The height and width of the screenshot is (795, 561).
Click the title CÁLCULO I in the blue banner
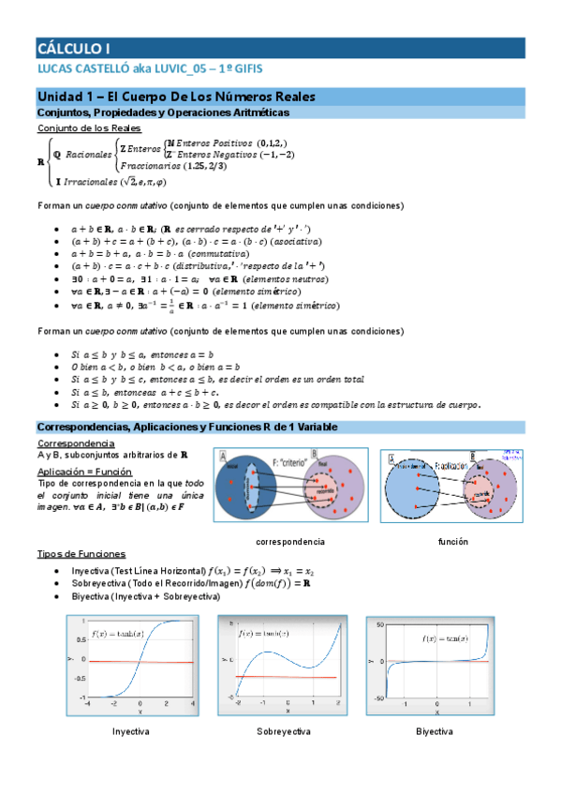pyautogui.click(x=74, y=48)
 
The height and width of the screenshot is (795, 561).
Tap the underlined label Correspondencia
pyautogui.click(x=76, y=442)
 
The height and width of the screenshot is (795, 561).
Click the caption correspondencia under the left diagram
pyautogui.click(x=290, y=542)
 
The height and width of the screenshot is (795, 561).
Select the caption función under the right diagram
pyautogui.click(x=453, y=542)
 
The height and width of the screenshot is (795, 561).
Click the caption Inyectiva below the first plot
pyautogui.click(x=131, y=730)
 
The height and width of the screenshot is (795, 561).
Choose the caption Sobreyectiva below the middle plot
pyautogui.click(x=284, y=730)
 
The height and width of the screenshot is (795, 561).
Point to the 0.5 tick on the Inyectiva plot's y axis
pyautogui.click(x=82, y=640)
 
